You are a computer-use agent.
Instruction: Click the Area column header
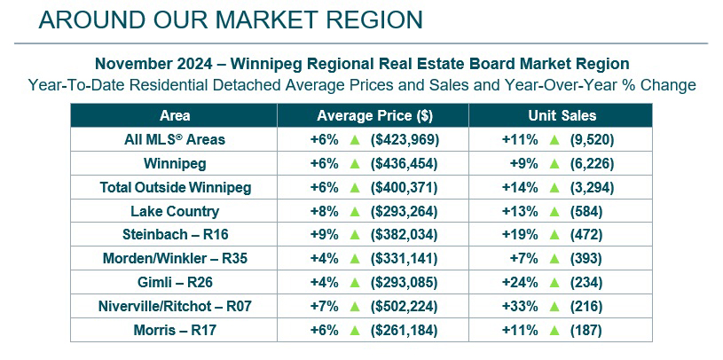(175, 116)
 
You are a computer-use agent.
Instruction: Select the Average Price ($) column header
(374, 116)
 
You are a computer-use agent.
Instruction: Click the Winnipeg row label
(175, 164)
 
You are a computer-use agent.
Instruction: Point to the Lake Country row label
(175, 212)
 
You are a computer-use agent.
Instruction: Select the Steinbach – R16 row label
(175, 235)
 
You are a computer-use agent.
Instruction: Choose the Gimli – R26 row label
(175, 283)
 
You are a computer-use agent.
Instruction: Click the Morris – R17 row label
(175, 330)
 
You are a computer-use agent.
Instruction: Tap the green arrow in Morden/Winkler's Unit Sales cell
(554, 259)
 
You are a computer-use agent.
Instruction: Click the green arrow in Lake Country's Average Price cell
(354, 211)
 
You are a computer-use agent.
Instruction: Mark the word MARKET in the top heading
(245, 20)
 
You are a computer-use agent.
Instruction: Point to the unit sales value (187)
(586, 330)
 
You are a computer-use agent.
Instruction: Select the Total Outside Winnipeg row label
(175, 188)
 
